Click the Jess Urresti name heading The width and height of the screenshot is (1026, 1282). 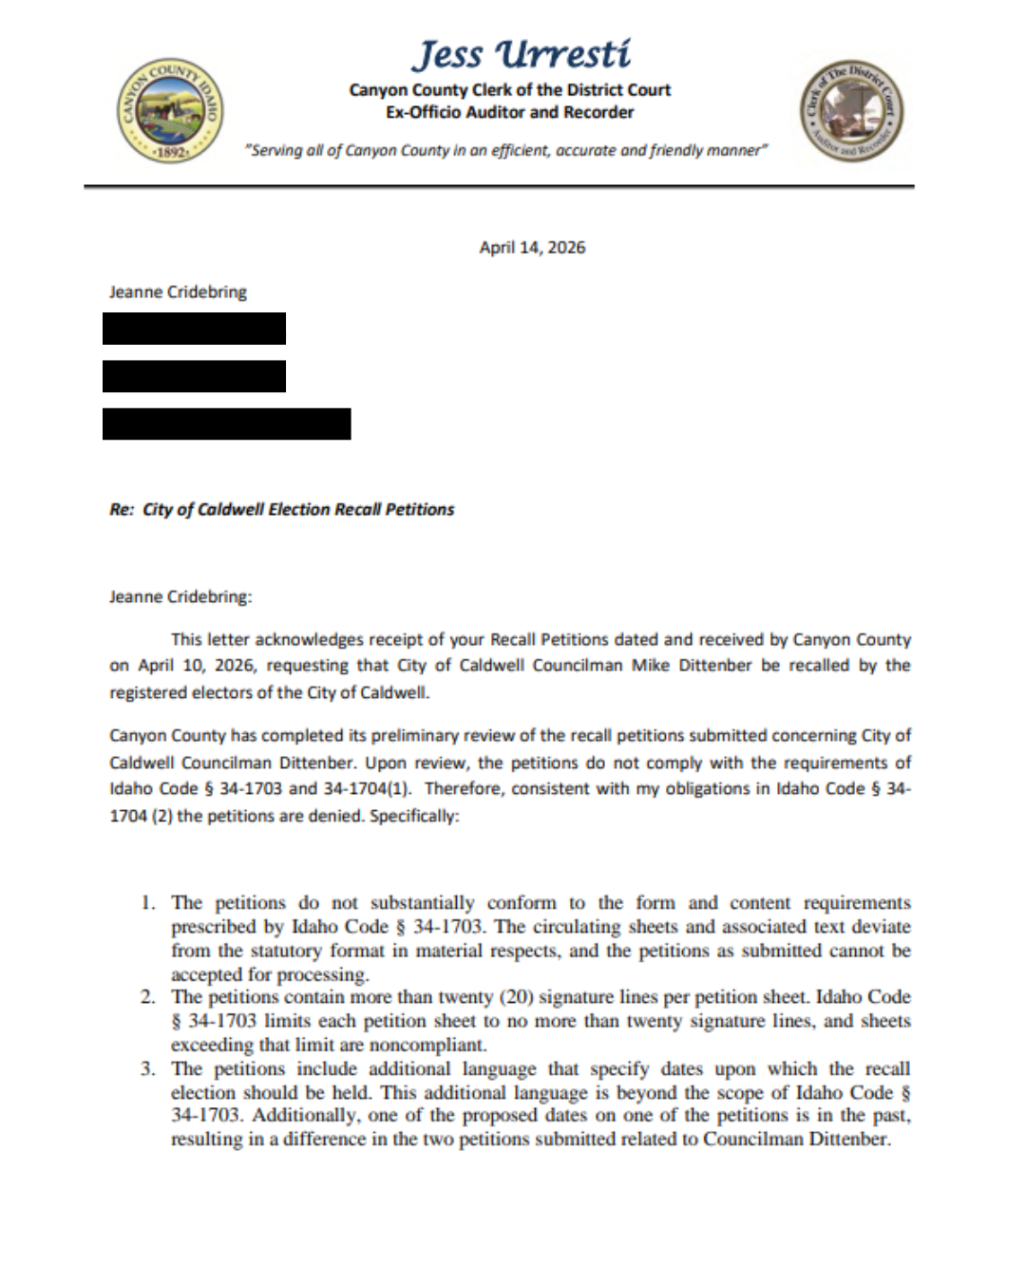(521, 55)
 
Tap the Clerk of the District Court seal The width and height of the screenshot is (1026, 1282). (851, 111)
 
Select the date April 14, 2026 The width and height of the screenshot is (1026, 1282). (532, 248)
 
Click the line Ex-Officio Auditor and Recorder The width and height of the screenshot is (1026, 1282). (509, 112)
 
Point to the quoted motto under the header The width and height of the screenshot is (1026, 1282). (505, 150)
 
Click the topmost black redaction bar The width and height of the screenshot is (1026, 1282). (194, 329)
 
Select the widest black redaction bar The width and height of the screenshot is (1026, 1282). (226, 424)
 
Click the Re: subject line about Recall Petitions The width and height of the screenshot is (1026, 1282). (282, 510)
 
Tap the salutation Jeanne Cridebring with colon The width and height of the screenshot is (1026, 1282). (180, 597)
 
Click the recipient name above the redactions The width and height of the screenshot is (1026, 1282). (178, 292)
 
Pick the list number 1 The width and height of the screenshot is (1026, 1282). (147, 902)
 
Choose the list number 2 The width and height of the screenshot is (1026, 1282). (147, 997)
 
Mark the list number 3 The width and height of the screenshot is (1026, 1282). (147, 1068)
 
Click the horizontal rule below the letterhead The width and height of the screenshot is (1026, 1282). (499, 186)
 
